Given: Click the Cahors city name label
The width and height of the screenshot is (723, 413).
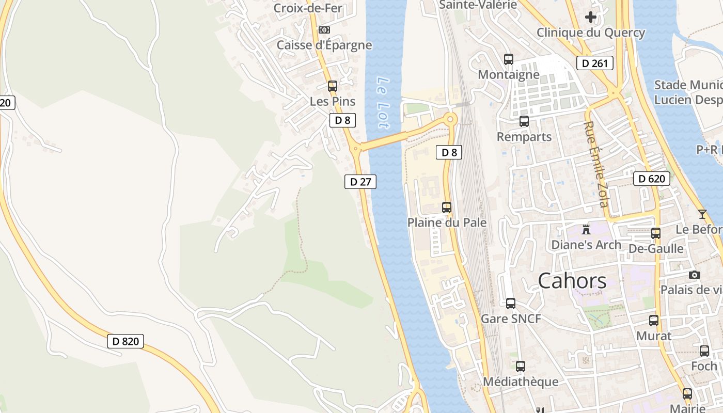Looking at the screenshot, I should (572, 281).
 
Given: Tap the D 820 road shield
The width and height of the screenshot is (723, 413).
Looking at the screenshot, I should (125, 341).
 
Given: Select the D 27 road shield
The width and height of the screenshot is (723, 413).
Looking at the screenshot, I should (360, 182).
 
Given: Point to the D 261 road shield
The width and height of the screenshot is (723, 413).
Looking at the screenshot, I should (594, 63).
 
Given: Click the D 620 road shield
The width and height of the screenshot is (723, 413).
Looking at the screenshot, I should (652, 179).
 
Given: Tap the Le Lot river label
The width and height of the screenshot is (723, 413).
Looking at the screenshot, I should (383, 103).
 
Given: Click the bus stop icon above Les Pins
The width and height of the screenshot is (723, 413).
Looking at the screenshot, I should (333, 86).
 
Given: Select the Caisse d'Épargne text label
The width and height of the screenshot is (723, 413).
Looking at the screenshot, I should (324, 45).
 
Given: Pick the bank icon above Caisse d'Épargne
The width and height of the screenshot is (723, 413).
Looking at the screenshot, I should (324, 30).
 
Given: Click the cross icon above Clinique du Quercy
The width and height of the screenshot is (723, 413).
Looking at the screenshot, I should (591, 17).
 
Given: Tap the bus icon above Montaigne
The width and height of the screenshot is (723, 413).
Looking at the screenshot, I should (509, 59).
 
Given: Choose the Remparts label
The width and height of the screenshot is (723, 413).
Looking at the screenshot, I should (524, 137).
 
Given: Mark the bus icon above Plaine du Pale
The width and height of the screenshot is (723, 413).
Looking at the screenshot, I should (447, 208).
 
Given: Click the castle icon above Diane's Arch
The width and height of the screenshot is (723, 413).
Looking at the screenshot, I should (586, 229).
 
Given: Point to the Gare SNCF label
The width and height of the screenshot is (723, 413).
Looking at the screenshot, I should (511, 319).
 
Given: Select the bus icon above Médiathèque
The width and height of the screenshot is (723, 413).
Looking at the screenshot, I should (521, 367).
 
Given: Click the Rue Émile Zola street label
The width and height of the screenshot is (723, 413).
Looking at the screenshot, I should (596, 164).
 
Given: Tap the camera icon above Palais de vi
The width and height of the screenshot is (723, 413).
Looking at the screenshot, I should (695, 275).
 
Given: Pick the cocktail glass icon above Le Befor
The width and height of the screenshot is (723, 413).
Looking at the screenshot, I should (702, 214).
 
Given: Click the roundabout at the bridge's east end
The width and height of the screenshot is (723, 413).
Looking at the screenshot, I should (450, 119).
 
